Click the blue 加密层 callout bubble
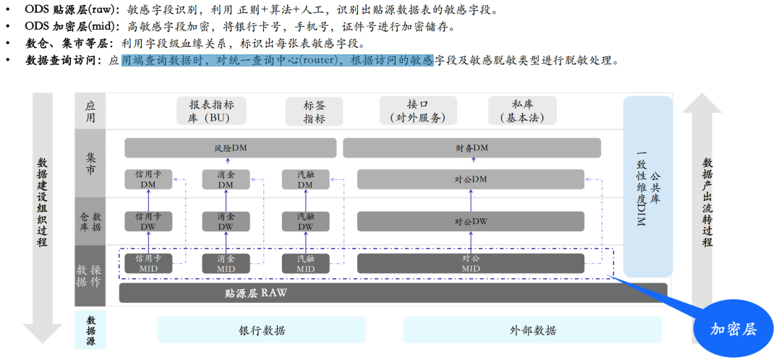pos(733,329)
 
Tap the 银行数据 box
pos(262,330)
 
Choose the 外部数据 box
pos(532,330)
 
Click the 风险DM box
pos(230,148)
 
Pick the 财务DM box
pos(471,148)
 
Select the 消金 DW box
pos(226,221)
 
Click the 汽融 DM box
pos(305,179)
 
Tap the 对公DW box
pos(470,221)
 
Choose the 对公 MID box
pos(470,263)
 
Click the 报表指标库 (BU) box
pos(211,111)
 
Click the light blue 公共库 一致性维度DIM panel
pos(648,186)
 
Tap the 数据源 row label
pos(90,330)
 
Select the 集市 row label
pos(90,163)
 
